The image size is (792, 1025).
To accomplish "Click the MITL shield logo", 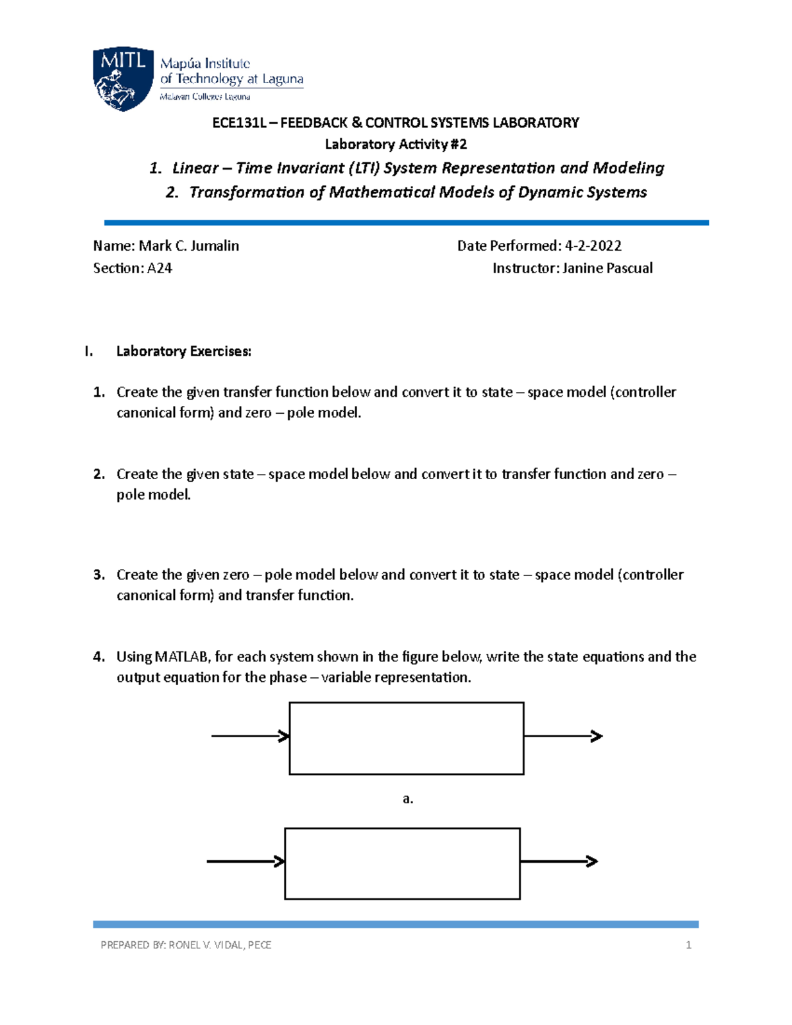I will coord(123,79).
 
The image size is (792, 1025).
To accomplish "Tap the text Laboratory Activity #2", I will coord(395,145).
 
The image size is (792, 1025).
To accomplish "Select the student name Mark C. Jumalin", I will coord(189,246).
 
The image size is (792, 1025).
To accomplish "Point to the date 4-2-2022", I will coord(593,246).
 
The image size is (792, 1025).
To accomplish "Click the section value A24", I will coord(160,269).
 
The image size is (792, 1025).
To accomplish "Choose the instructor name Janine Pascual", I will coord(607,269).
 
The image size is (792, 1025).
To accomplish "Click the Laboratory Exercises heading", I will coord(183,351).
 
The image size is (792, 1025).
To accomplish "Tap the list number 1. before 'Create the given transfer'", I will coord(99,393).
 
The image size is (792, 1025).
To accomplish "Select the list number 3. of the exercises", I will coord(99,575).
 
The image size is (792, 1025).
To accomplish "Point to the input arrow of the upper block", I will coord(250,736).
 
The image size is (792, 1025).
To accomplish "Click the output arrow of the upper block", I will coord(563,736).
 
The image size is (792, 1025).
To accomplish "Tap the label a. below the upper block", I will coord(408,799).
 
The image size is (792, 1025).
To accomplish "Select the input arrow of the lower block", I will coord(246,861).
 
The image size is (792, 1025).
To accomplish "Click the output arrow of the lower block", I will coord(559,861).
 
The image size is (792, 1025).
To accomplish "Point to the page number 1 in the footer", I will coord(688,945).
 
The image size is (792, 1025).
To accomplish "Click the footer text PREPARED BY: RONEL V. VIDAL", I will coord(185,945).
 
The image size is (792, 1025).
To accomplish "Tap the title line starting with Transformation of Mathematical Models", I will coord(417,193).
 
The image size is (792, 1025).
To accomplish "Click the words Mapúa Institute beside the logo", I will coord(205,64).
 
